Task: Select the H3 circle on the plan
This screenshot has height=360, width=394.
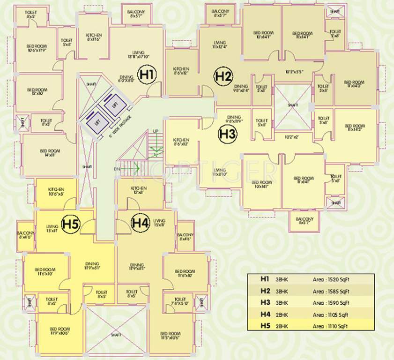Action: click(228, 134)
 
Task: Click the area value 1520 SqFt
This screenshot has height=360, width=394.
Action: click(332, 279)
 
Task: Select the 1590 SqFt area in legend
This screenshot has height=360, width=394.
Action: click(332, 302)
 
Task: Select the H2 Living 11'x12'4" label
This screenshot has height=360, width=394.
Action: click(220, 44)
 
